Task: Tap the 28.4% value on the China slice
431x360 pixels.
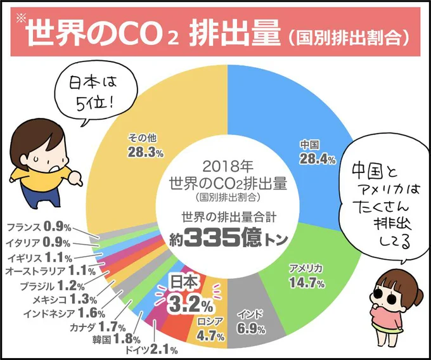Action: click(317, 158)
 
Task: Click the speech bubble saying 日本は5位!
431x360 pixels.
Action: click(92, 89)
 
